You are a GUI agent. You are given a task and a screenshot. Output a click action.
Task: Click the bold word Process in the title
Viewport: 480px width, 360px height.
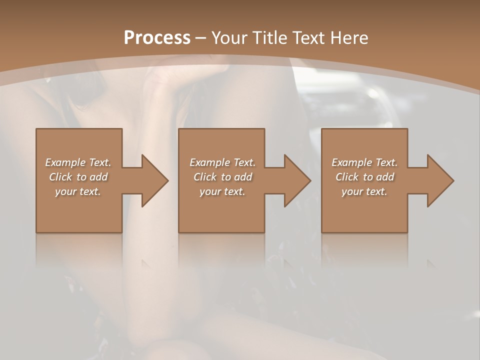tap(157, 38)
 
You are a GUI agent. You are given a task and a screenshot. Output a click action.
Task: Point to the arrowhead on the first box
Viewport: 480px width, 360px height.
tap(153, 180)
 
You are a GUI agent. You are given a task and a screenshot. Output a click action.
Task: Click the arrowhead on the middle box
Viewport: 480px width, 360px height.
tap(295, 180)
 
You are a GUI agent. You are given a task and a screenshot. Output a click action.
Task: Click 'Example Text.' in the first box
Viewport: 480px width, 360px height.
tap(78, 162)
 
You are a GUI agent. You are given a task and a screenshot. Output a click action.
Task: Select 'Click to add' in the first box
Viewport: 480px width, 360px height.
tap(78, 177)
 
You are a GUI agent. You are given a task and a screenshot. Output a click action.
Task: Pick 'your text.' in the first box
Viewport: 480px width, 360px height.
tap(78, 191)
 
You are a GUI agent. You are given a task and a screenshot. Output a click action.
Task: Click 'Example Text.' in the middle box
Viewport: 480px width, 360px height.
tap(222, 162)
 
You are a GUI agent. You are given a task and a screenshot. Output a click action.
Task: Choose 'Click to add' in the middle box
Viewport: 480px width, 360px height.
tap(222, 177)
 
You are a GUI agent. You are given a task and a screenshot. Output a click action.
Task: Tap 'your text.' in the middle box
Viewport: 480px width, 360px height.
tap(222, 191)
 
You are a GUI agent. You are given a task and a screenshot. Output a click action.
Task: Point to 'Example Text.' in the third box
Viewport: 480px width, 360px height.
tap(364, 162)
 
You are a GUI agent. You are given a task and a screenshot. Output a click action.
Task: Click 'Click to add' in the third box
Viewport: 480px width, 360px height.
tap(364, 177)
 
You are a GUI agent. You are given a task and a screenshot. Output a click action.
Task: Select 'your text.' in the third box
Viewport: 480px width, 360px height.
tap(364, 191)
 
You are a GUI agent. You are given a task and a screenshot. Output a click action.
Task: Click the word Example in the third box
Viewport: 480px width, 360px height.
tap(351, 162)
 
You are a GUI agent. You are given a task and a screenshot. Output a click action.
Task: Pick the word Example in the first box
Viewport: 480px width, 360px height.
tap(65, 162)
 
